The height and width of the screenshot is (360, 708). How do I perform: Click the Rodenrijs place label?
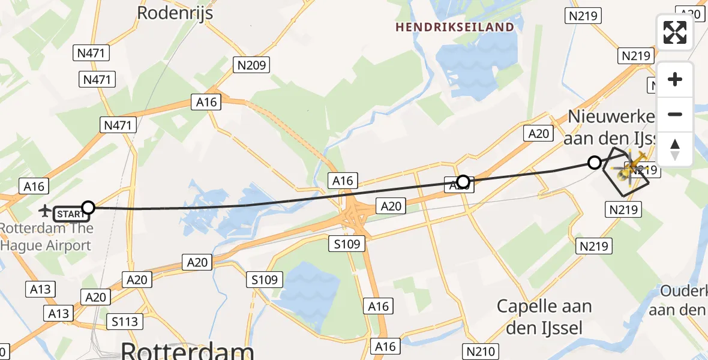175,12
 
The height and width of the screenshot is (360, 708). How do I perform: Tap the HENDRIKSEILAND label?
455,27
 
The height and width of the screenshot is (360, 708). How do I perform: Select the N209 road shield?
253,65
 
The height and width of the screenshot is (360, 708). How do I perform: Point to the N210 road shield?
481,351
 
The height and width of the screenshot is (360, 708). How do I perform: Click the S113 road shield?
125,322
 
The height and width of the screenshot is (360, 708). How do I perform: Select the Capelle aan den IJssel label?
544,316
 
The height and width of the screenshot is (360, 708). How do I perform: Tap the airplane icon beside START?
44,211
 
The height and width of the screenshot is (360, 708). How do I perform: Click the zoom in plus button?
675,79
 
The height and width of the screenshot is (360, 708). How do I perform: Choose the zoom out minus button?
675,114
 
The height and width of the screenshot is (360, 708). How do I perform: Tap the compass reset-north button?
675,149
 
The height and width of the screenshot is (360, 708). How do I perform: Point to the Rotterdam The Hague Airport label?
47,236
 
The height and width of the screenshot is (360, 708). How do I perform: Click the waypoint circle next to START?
88,208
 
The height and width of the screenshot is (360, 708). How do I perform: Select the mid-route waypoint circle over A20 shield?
463,181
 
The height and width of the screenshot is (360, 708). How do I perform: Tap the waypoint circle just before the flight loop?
594,163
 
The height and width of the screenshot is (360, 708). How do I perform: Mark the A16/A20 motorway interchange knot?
356,213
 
